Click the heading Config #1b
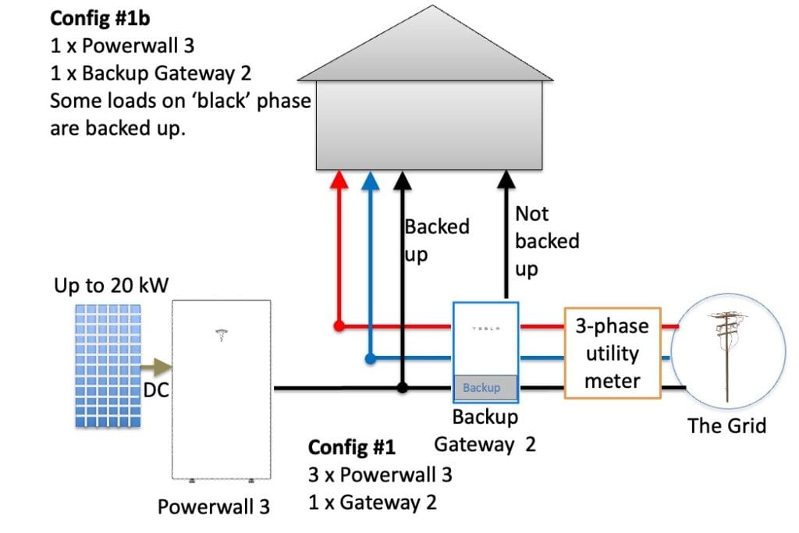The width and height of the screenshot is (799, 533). tap(100, 16)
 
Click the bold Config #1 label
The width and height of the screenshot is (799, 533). tap(352, 448)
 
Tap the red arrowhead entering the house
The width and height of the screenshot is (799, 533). tap(339, 179)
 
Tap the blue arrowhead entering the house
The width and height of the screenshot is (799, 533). tap(371, 179)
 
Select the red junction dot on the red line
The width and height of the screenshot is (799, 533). tap(339, 325)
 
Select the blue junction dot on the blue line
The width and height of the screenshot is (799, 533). tap(371, 359)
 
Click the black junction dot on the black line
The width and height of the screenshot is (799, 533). tap(402, 387)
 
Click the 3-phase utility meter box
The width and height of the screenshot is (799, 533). tap(613, 354)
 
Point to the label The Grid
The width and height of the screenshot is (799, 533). tap(726, 425)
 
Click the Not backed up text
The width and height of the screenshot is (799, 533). tap(546, 241)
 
